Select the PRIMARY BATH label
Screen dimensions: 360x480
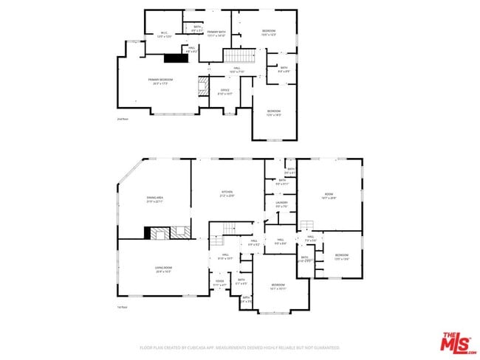(216, 33)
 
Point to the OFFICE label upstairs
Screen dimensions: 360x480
(224, 91)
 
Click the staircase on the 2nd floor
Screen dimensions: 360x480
(240, 57)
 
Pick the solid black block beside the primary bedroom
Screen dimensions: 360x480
(175, 58)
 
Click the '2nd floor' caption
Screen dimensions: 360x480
(122, 119)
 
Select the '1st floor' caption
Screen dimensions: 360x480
(122, 307)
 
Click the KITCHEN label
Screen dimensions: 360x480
(226, 195)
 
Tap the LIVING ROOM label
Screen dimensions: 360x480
(163, 269)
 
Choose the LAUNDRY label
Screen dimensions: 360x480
(281, 204)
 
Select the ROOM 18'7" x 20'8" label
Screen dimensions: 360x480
(329, 197)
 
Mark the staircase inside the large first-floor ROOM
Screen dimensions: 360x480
(308, 225)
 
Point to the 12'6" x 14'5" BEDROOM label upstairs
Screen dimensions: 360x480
(273, 112)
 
